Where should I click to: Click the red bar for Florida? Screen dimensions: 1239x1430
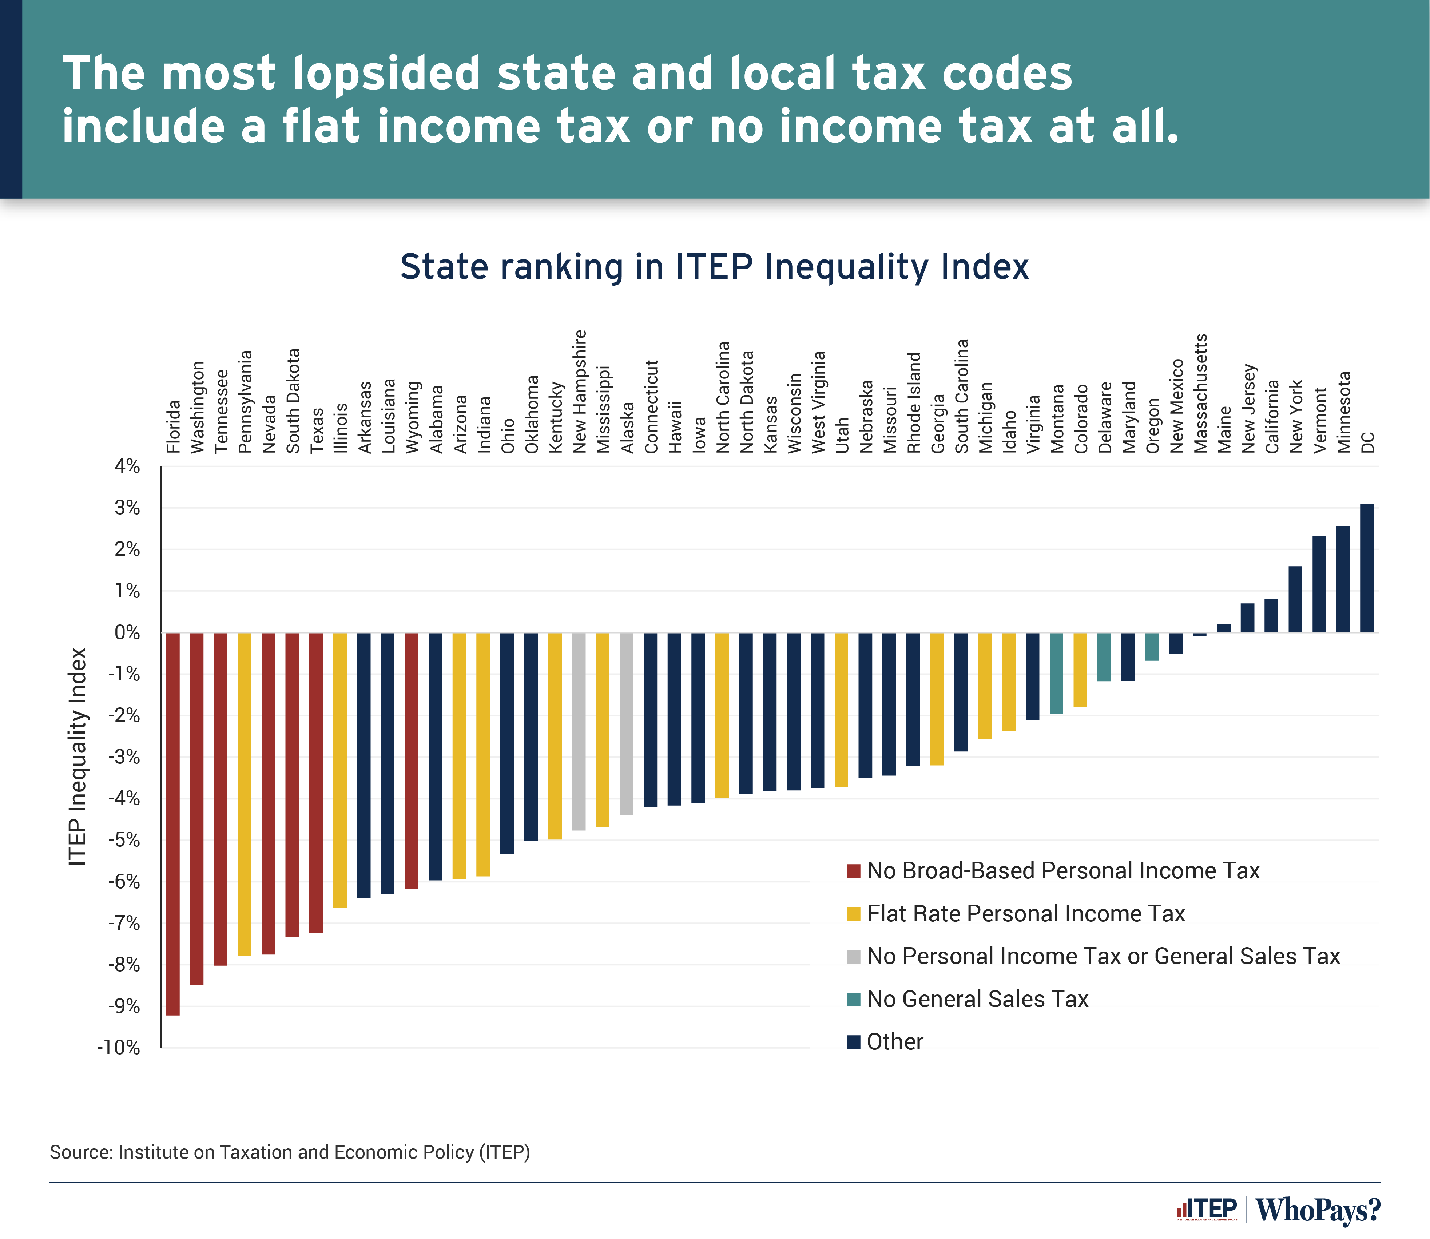173,823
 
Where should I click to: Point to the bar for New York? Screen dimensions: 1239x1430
1295,599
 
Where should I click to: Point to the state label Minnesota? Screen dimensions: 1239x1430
1343,412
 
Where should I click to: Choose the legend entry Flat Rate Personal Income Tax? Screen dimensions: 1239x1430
1025,913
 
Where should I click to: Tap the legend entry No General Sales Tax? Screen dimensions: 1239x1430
977,999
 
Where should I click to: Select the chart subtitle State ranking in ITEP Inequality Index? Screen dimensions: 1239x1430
714,267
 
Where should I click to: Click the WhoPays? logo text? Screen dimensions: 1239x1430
1317,1210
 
